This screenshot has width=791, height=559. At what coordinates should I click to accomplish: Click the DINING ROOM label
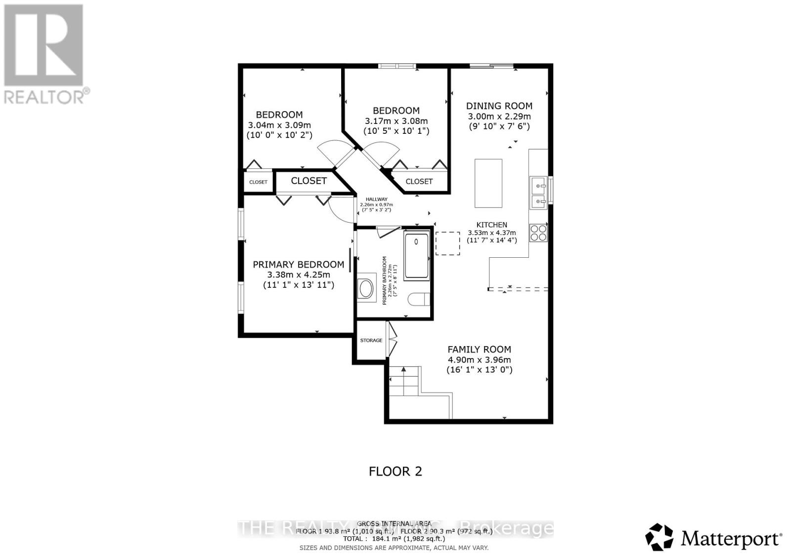(x=499, y=106)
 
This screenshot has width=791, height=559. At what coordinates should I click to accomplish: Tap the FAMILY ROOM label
(x=479, y=349)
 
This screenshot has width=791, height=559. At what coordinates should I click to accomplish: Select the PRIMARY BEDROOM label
(x=298, y=265)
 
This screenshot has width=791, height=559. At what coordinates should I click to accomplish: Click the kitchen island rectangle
(x=488, y=183)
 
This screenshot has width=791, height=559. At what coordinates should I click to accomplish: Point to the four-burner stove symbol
(x=538, y=233)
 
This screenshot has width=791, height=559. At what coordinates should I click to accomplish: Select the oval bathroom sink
(x=366, y=288)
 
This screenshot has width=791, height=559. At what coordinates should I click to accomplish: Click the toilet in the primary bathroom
(x=419, y=300)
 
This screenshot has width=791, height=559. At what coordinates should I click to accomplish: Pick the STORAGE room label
(x=371, y=340)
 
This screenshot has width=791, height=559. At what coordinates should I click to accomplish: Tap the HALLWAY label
(x=377, y=199)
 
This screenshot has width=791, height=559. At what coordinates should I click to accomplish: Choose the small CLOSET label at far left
(x=258, y=182)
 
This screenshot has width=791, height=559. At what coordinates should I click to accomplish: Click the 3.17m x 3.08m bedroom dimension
(x=396, y=121)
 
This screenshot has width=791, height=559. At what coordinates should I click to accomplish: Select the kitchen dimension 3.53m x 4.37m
(x=491, y=233)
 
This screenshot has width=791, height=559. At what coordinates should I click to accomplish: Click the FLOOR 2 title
(x=395, y=471)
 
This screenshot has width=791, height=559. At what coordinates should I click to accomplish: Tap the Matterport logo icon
(x=659, y=537)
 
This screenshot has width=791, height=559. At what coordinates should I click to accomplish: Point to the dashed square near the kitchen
(x=448, y=243)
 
